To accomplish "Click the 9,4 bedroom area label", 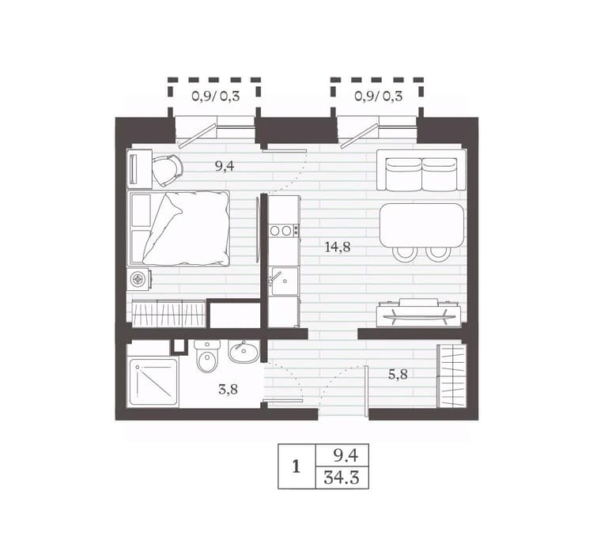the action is point(225,166).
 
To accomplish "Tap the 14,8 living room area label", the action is point(338,247).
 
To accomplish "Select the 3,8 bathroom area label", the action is point(228,389).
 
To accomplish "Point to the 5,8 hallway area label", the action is point(398,374).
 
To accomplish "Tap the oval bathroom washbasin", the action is point(244,352).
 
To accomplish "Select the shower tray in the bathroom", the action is point(153,382).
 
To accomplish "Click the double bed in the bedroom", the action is point(179,228).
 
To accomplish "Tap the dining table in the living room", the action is point(421,225).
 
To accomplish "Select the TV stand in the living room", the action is point(418,312).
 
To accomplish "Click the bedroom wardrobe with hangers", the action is point(168,313).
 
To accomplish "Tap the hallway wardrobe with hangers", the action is point(451,376).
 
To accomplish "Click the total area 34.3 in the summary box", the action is point(341,478).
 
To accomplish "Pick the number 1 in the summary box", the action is point(296,466).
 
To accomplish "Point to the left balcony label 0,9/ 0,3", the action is point(216,96).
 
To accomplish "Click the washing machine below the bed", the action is point(139,280).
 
